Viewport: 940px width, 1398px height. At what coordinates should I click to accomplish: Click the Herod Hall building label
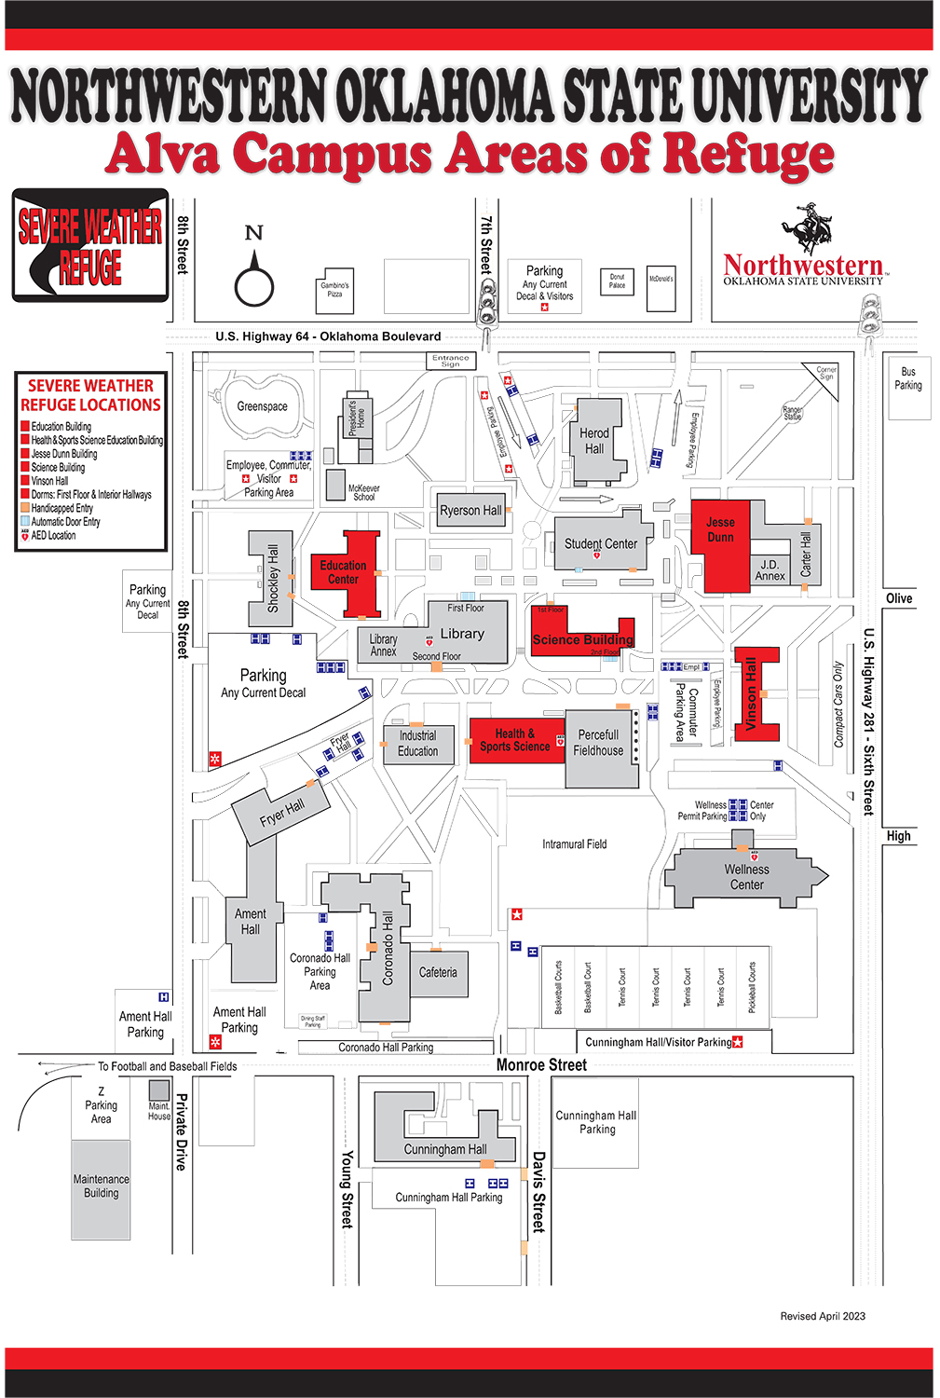pos(594,441)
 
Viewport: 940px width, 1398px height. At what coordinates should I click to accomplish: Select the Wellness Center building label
pos(746,877)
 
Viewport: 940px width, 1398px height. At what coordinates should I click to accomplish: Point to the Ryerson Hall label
pos(470,511)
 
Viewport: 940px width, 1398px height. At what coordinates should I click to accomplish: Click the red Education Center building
pos(344,572)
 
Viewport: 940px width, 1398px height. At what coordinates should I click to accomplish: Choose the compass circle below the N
pos(253,287)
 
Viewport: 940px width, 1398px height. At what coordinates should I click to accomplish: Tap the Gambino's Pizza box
pos(334,290)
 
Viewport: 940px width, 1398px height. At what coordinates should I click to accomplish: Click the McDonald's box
pos(661,279)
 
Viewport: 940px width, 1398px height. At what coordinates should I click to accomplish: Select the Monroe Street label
pos(541,1064)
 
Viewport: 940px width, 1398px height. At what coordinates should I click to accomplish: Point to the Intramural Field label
pos(574,844)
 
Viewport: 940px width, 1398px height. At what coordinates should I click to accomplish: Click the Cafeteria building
pos(438,972)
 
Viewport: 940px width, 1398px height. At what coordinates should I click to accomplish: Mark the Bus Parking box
pos(908,378)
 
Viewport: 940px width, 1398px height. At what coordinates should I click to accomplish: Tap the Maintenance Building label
pos(102,1186)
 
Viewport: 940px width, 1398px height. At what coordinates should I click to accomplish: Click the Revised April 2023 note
pos(823,1316)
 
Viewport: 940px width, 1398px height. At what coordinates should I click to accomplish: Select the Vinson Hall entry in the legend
pos(49,481)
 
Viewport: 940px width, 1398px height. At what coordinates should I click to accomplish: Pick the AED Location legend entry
pos(53,536)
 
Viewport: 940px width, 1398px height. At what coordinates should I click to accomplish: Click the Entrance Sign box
pos(450,361)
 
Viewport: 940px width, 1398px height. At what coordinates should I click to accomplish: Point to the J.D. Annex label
pos(770,570)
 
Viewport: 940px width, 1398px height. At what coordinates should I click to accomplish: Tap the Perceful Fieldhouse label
pos(598,743)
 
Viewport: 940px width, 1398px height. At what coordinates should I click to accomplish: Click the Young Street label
pos(347,1188)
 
